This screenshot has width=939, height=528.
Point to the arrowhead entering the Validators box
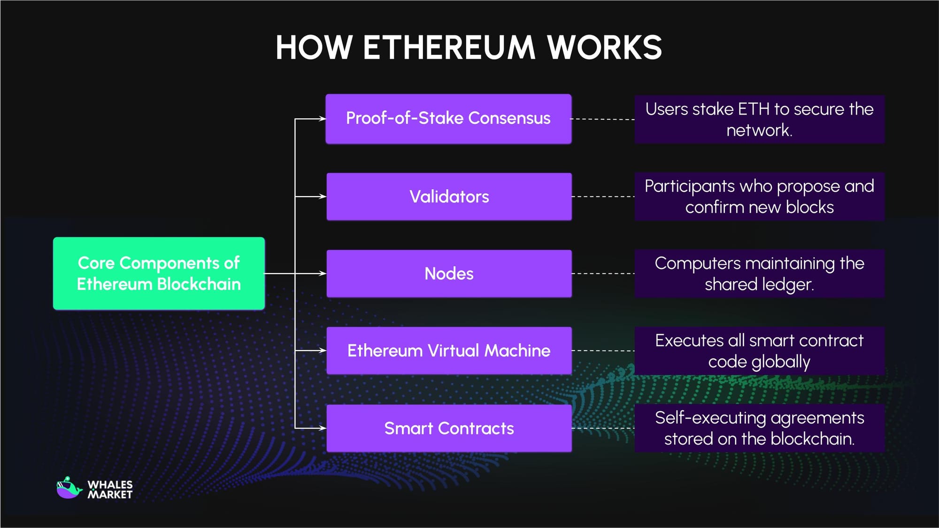323,197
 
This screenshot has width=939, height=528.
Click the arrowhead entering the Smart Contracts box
323,428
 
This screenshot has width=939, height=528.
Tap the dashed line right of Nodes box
603,273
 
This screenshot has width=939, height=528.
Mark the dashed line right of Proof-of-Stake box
603,119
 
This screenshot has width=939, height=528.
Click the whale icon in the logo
69,489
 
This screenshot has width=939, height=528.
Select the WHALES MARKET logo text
110,490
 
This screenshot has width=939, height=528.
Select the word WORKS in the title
604,48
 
